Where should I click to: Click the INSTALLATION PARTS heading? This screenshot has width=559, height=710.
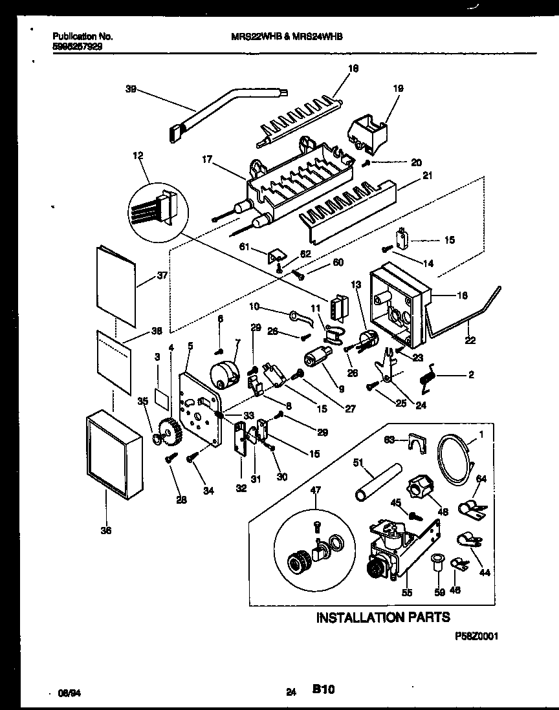382,618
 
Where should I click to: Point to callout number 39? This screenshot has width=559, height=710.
129,90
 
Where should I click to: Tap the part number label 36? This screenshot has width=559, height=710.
106,531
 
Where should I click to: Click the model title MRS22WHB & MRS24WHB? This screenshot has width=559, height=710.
286,38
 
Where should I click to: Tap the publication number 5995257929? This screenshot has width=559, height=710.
76,47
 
